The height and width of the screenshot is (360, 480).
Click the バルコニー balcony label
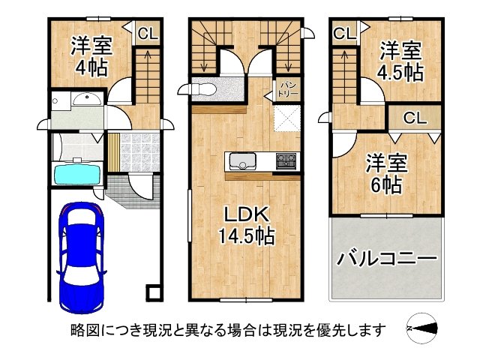pyautogui.click(x=386, y=259)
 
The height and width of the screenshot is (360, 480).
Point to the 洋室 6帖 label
pyautogui.click(x=385, y=172)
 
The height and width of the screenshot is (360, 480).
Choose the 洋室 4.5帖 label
pyautogui.click(x=399, y=62)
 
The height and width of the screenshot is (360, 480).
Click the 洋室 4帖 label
pyautogui.click(x=91, y=55)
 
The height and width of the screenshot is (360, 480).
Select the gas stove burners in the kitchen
pyautogui.click(x=286, y=160)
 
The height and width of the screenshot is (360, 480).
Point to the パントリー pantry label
pyautogui.click(x=288, y=90)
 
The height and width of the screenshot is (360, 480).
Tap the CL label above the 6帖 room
pyautogui.click(x=415, y=117)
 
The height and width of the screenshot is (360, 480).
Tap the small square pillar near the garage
pyautogui.click(x=152, y=292)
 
